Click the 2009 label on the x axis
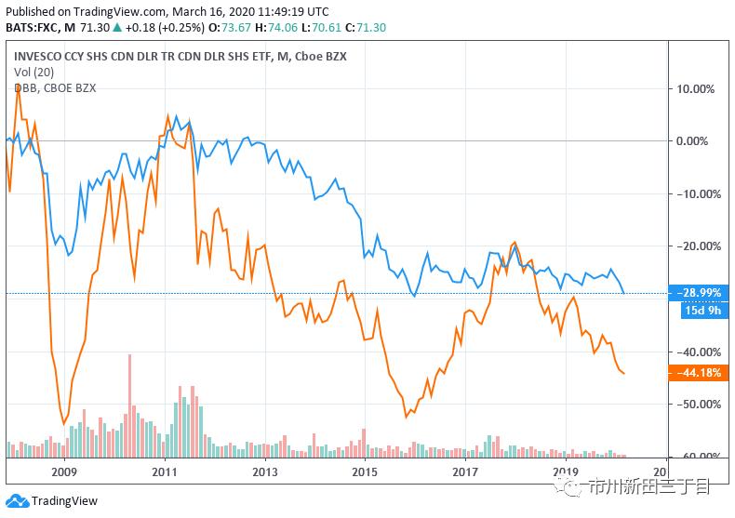pos(64,471)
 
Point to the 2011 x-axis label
pos(165,471)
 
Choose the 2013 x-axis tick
pos(265,471)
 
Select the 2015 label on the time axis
pos(365,471)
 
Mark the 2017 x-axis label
pos(465,471)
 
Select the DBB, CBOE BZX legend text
pos(55,88)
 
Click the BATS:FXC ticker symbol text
pos(33,28)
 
